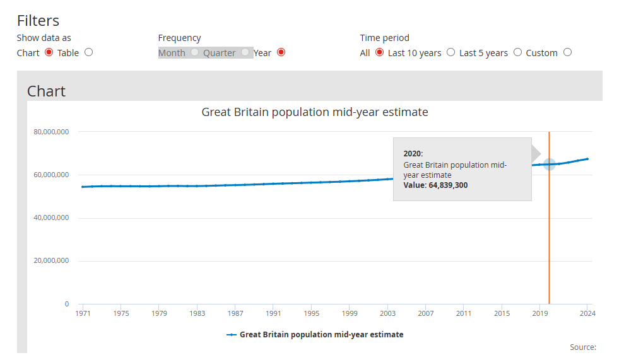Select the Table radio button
pyautogui.click(x=88, y=52)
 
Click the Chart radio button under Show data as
pyautogui.click(x=49, y=52)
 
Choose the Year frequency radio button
pyautogui.click(x=281, y=52)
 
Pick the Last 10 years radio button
pyautogui.click(x=450, y=52)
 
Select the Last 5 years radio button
pyautogui.click(x=517, y=52)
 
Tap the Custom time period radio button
pyautogui.click(x=567, y=52)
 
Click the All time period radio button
pyautogui.click(x=379, y=52)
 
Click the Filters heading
pyautogui.click(x=38, y=20)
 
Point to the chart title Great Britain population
pyautogui.click(x=314, y=112)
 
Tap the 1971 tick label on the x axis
pyautogui.click(x=83, y=313)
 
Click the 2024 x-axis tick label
pyautogui.click(x=587, y=313)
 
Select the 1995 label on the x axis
pyautogui.click(x=311, y=313)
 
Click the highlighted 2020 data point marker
pyautogui.click(x=549, y=165)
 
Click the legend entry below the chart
pyautogui.click(x=315, y=335)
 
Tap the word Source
pyautogui.click(x=582, y=347)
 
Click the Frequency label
pyautogui.click(x=179, y=38)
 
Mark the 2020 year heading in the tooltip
pyautogui.click(x=413, y=153)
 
